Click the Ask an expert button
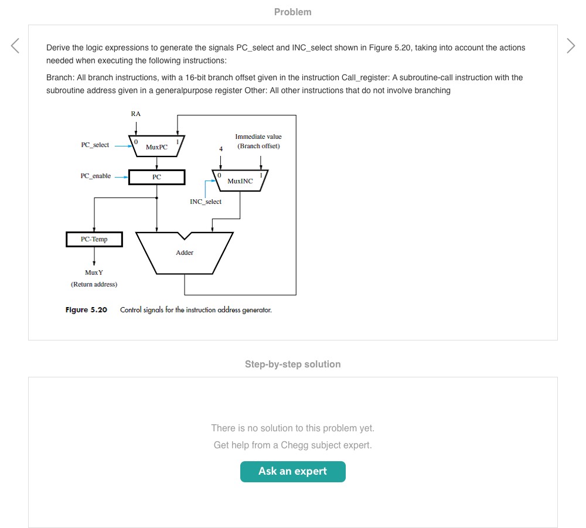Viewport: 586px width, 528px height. (292, 471)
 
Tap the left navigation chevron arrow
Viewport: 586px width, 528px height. (15, 46)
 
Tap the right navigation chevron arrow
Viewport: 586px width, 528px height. (571, 46)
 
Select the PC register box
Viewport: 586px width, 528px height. (156, 177)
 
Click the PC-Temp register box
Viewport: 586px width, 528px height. (94, 239)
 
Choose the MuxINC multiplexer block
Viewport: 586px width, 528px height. (240, 180)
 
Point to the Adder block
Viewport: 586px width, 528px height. (185, 253)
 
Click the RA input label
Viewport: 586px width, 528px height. (135, 114)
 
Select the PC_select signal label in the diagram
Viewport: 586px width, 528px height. (95, 145)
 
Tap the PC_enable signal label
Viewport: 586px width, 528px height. (96, 176)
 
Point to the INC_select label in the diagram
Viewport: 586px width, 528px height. (206, 202)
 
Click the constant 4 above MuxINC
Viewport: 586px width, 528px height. (220, 149)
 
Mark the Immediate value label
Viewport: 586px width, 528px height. (258, 137)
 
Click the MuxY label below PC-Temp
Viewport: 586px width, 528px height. (94, 272)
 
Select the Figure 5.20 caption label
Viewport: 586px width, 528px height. (86, 309)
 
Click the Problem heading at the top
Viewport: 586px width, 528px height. (292, 12)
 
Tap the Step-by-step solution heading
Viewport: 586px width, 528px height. (292, 364)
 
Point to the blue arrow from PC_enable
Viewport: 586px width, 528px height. (121, 176)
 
